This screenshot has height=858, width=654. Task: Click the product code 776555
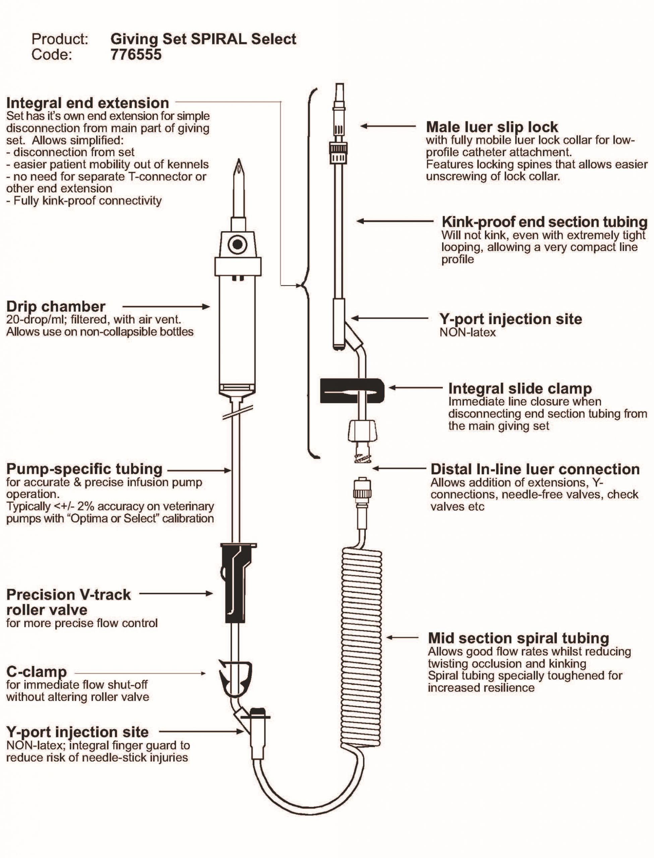(x=136, y=54)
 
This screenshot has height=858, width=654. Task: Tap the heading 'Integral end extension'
(x=87, y=103)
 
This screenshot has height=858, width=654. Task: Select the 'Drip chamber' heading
(x=56, y=306)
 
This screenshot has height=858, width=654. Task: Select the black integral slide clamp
(x=352, y=391)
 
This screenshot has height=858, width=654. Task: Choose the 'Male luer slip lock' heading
(x=492, y=127)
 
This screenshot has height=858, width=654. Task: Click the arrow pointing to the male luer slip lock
(x=388, y=126)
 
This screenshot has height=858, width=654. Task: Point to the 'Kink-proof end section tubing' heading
(x=544, y=222)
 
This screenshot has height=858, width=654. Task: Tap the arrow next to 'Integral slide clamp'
(x=415, y=387)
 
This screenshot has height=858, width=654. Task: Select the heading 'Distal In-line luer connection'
(x=535, y=469)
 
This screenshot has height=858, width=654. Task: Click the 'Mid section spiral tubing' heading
(x=518, y=638)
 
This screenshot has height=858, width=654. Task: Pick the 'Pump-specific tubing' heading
(x=84, y=469)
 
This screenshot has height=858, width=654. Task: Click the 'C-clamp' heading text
(x=37, y=672)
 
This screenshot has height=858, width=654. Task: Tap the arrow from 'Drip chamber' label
(x=166, y=307)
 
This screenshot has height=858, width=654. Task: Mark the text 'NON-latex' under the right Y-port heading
(x=468, y=332)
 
